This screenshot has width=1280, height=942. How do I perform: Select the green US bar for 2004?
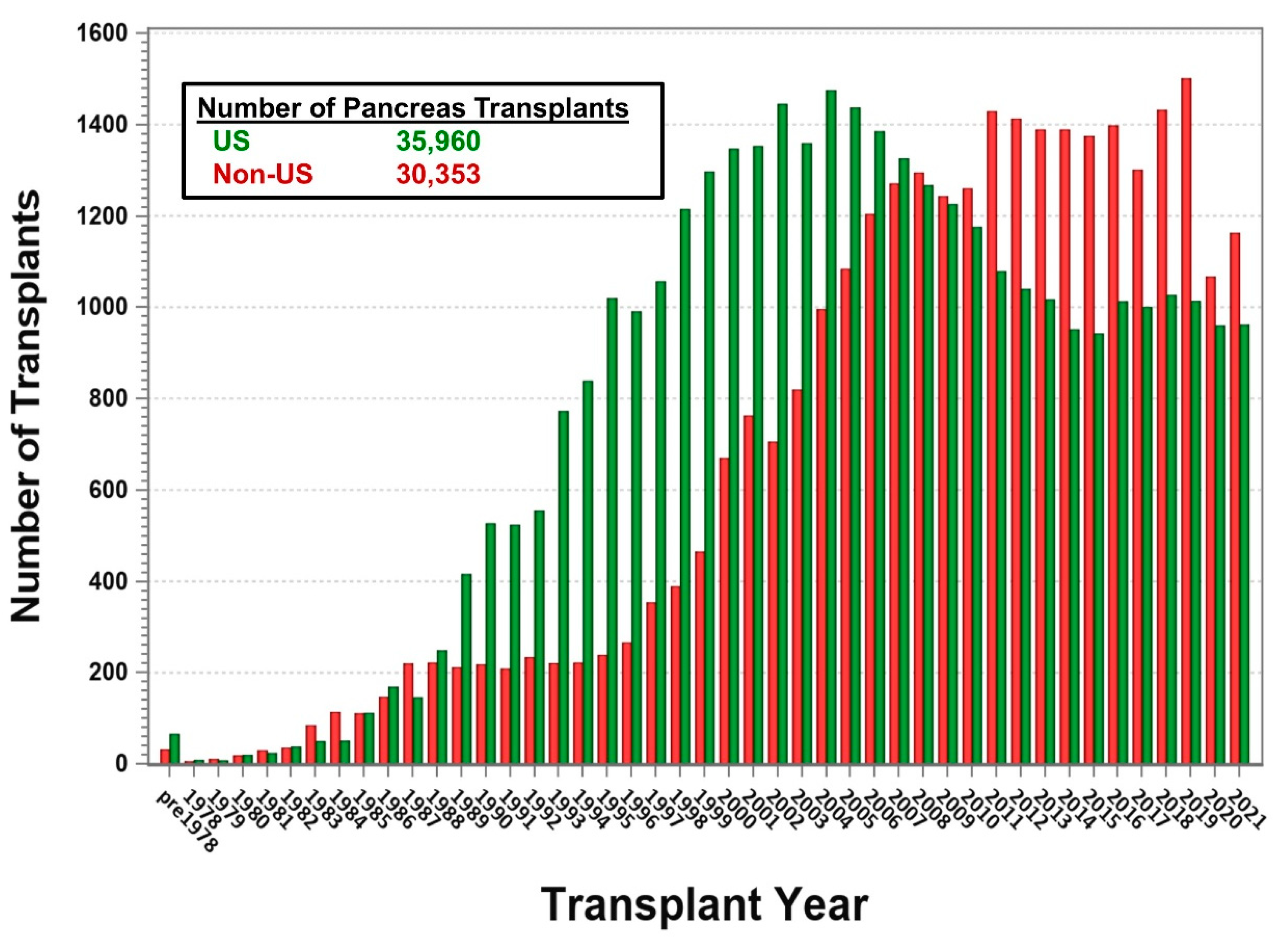pos(831,428)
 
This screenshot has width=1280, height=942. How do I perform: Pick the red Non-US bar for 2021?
pos(1234,499)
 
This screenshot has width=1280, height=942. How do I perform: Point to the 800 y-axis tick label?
pos(109,399)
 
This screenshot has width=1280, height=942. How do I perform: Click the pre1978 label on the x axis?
pos(187,821)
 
